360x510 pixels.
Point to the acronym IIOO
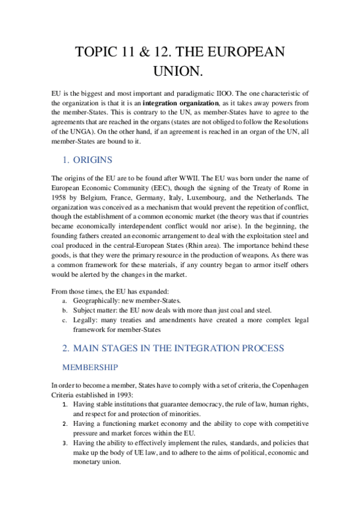pos(225,93)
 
